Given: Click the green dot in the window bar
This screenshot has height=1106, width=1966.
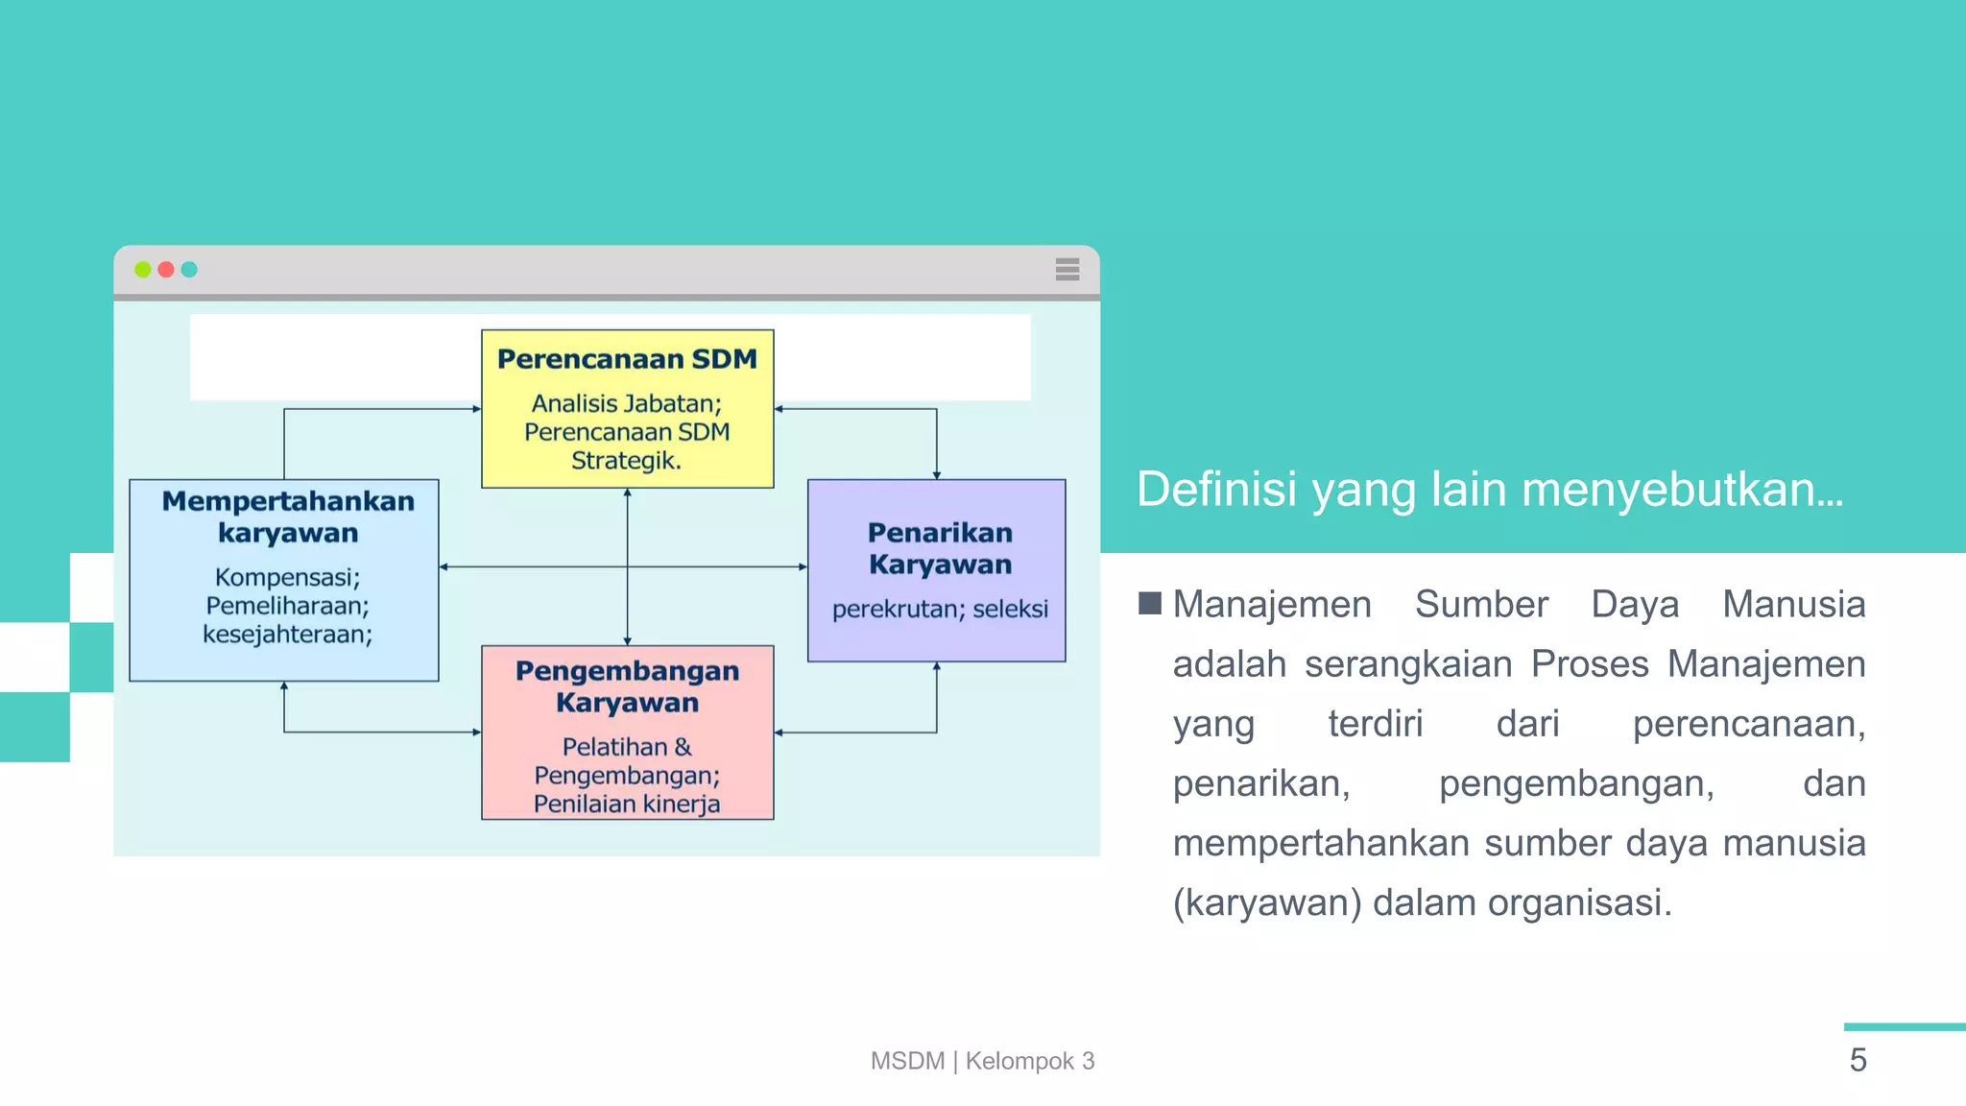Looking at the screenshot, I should [143, 270].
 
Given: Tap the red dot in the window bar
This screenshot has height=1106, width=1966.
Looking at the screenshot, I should [166, 270].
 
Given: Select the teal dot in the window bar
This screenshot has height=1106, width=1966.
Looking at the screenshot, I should [189, 270].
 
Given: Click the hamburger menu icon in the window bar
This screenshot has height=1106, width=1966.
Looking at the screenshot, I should [1067, 270].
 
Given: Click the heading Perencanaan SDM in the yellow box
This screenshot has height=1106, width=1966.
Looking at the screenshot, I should [627, 359].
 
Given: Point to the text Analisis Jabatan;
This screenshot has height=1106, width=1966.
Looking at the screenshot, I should [626, 403].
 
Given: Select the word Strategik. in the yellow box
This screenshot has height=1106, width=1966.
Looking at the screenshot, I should [626, 461].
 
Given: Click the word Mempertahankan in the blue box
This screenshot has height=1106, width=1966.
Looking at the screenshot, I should [288, 501].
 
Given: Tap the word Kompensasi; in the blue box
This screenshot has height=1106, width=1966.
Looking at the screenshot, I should [287, 577].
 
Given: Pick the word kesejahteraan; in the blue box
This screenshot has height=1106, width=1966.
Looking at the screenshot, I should [287, 635].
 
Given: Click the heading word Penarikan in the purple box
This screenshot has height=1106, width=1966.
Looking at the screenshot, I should [940, 533].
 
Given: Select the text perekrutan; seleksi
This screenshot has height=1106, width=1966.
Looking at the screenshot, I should [940, 609].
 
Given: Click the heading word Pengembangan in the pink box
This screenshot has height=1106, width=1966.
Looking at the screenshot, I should [627, 671].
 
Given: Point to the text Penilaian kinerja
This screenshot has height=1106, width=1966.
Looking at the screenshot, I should [626, 804].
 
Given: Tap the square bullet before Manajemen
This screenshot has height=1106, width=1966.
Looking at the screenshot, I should [1149, 604].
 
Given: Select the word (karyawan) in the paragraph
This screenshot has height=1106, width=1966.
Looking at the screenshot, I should [1266, 903].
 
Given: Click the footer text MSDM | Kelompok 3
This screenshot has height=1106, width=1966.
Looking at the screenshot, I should [982, 1061].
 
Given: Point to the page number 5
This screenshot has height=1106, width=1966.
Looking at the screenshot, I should [1858, 1060].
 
